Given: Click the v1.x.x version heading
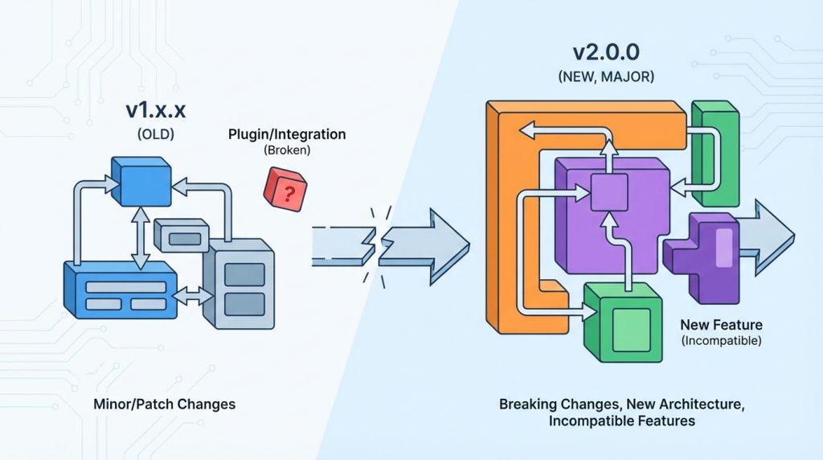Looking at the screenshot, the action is tap(155, 110).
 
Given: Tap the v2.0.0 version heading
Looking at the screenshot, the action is tap(606, 52).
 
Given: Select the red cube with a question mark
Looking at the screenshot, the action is tap(285, 189).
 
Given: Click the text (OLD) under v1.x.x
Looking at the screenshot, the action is tap(155, 134).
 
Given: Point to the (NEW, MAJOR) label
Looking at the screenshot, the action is tap(606, 76).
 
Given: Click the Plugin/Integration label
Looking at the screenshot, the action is tap(287, 134).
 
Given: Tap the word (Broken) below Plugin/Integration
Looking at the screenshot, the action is tap(287, 150).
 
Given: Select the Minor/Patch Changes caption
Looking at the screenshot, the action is tap(164, 405).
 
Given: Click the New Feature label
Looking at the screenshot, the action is tap(721, 325).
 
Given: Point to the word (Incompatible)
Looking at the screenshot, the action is tap(721, 341).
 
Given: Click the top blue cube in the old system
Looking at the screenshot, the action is tap(141, 182).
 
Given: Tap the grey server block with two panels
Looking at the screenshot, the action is tap(239, 284).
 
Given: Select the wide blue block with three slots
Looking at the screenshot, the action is tap(121, 290).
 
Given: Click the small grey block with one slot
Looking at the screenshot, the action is tap(182, 236).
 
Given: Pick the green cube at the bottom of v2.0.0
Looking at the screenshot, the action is tap(623, 322).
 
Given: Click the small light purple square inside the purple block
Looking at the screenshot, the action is tap(609, 192).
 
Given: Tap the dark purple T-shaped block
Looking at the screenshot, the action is tap(701, 257).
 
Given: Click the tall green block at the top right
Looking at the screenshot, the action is tap(714, 154).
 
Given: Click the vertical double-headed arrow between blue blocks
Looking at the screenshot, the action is tap(140, 238).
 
